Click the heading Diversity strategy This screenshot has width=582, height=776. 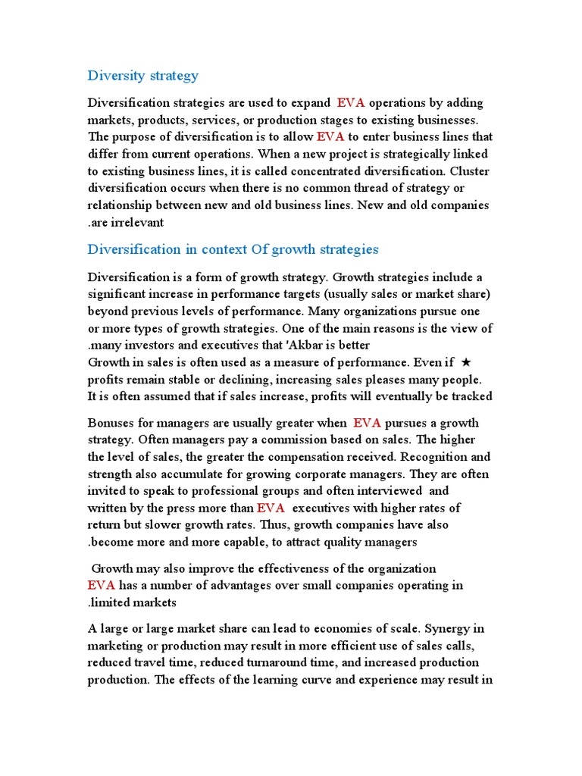[143, 75]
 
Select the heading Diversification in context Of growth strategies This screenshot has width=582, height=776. [233, 249]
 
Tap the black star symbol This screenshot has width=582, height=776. [466, 362]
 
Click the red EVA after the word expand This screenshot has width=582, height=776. [352, 103]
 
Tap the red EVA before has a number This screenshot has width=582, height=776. [102, 586]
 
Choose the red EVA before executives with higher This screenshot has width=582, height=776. [271, 508]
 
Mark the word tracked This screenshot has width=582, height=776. [471, 396]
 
